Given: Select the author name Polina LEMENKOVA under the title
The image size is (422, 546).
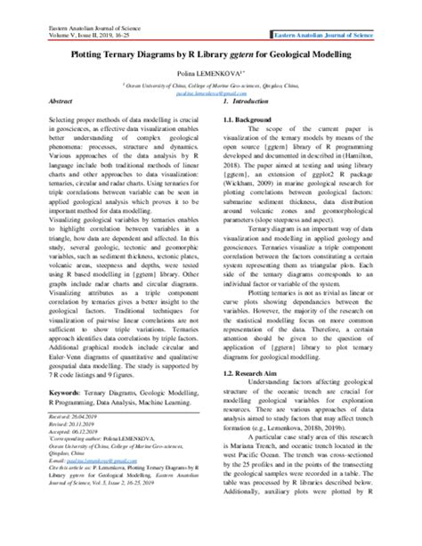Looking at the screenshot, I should coord(210,68).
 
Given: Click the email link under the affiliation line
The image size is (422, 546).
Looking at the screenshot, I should coord(210,90).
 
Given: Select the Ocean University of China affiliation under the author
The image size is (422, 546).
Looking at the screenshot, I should coord(210,82).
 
